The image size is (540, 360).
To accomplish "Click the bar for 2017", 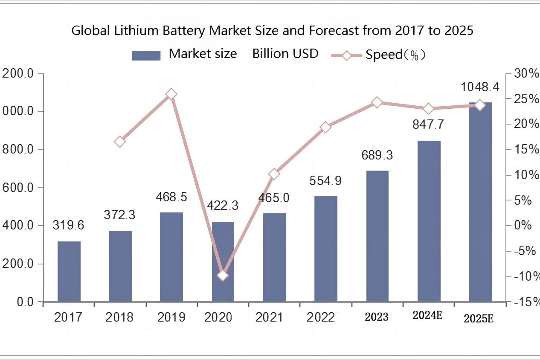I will click(x=69, y=271).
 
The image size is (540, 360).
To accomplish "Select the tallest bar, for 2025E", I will click(x=480, y=202).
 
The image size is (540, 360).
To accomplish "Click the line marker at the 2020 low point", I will click(x=223, y=276).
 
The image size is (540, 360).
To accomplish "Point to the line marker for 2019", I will click(x=171, y=95).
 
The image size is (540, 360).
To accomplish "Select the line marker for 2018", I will click(x=120, y=142).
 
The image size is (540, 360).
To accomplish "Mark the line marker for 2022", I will click(x=326, y=127).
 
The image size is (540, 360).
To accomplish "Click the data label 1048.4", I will click(x=480, y=87).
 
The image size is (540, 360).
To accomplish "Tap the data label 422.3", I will click(x=223, y=205).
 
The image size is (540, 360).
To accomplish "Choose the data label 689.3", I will click(x=377, y=155).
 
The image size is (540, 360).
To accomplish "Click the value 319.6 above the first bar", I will click(x=68, y=225).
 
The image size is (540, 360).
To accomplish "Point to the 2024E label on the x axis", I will click(x=427, y=316).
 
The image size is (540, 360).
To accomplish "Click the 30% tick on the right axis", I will click(x=524, y=74).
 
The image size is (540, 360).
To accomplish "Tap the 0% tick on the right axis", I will click(x=522, y=225).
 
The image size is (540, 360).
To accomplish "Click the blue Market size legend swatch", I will click(x=146, y=55).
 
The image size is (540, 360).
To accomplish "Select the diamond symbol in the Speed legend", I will click(x=346, y=55).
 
